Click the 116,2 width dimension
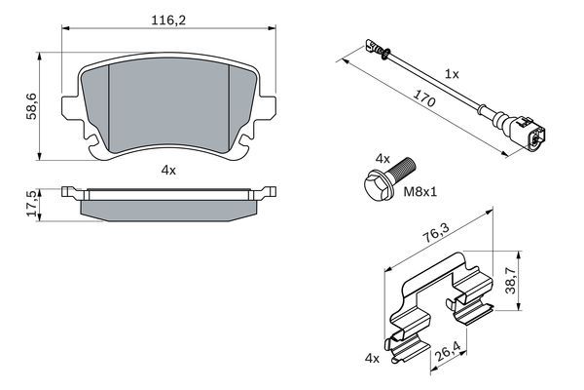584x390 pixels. pyautogui.click(x=167, y=18)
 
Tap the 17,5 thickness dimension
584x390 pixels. pyautogui.click(x=30, y=204)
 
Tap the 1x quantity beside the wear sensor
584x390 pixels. pyautogui.click(x=451, y=74)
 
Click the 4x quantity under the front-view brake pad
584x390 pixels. pyautogui.click(x=167, y=170)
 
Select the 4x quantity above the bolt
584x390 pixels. pyautogui.click(x=383, y=156)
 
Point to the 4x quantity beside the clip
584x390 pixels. pyautogui.click(x=372, y=359)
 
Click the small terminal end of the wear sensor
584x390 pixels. pyautogui.click(x=370, y=44)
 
